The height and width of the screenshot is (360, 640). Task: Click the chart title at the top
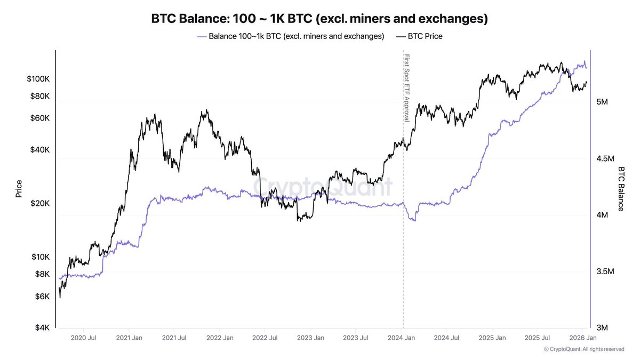click(x=319, y=19)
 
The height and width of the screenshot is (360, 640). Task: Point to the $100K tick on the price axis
click(x=38, y=79)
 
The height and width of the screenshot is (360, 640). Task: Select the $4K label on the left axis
click(x=42, y=327)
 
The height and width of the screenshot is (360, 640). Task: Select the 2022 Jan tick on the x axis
click(x=220, y=338)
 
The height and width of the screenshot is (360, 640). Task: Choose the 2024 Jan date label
click(x=402, y=338)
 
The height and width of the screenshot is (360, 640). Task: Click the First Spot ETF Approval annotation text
click(x=406, y=87)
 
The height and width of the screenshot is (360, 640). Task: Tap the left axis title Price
click(x=19, y=189)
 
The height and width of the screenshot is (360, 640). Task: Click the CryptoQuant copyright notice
click(x=584, y=349)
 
